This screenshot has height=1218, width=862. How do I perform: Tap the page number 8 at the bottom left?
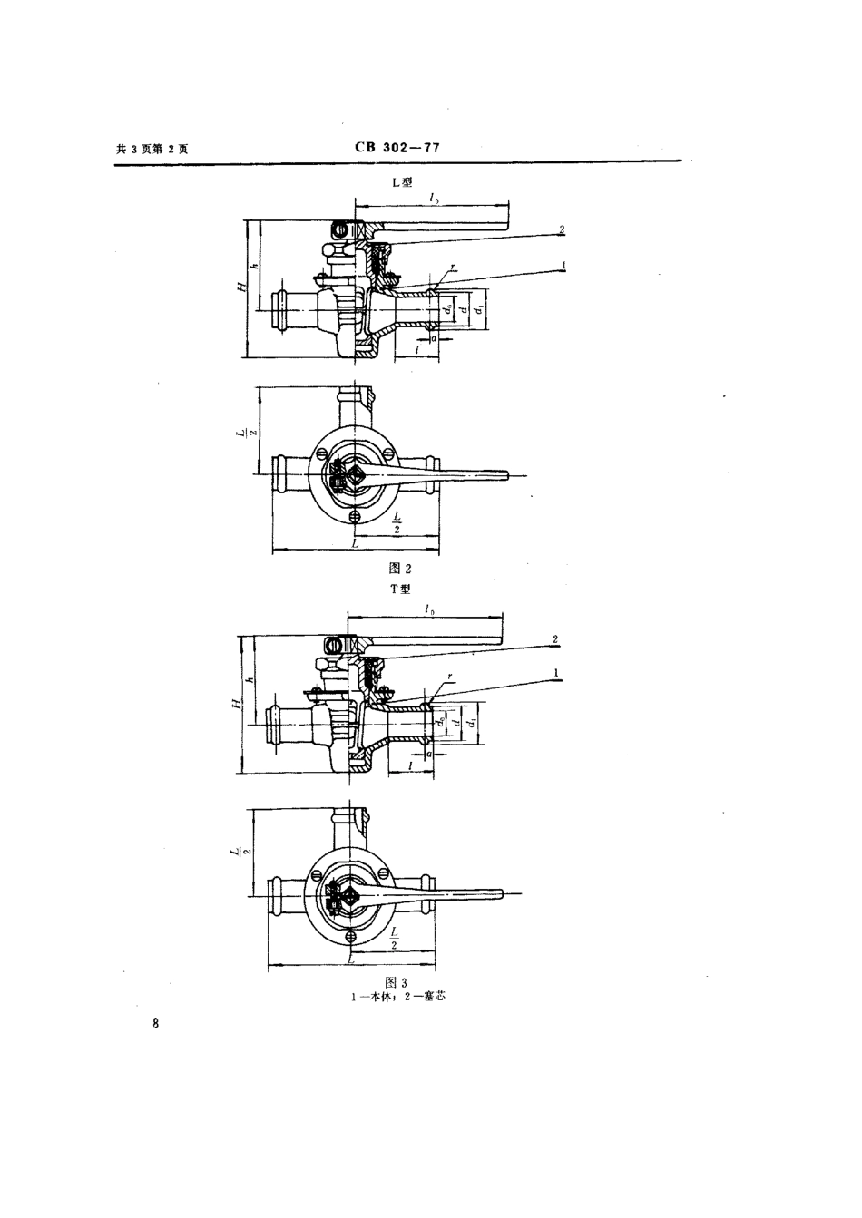[x=156, y=1025]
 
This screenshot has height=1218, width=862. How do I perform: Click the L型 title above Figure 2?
[x=401, y=182]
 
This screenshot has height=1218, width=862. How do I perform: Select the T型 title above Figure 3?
[x=400, y=590]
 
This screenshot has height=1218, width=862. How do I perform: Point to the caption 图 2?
[x=399, y=569]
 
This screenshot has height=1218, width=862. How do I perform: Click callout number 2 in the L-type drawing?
[x=563, y=229]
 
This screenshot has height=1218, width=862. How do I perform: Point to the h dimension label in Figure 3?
[x=255, y=682]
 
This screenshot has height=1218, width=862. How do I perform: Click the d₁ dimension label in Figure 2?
[x=479, y=311]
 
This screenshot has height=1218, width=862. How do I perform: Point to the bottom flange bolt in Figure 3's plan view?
[x=350, y=935]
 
